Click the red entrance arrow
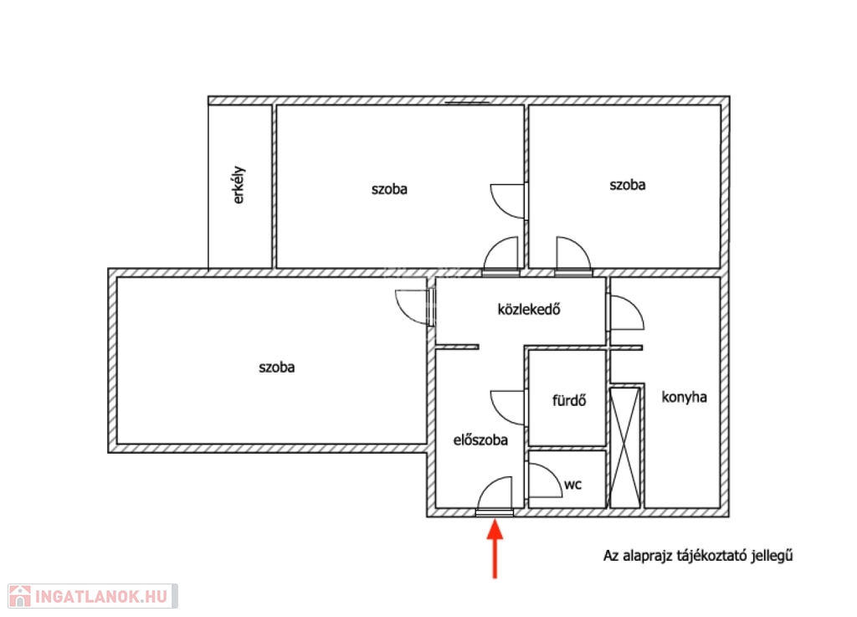(x=495, y=548)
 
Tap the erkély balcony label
(x=239, y=185)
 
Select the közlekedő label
(x=529, y=309)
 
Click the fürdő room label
(x=569, y=400)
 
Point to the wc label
(x=572, y=485)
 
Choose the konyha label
(x=684, y=397)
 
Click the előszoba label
(x=480, y=440)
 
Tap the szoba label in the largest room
(x=276, y=368)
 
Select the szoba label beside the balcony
(x=389, y=189)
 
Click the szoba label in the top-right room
(x=628, y=185)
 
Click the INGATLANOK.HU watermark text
(x=101, y=596)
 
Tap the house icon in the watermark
(x=20, y=596)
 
